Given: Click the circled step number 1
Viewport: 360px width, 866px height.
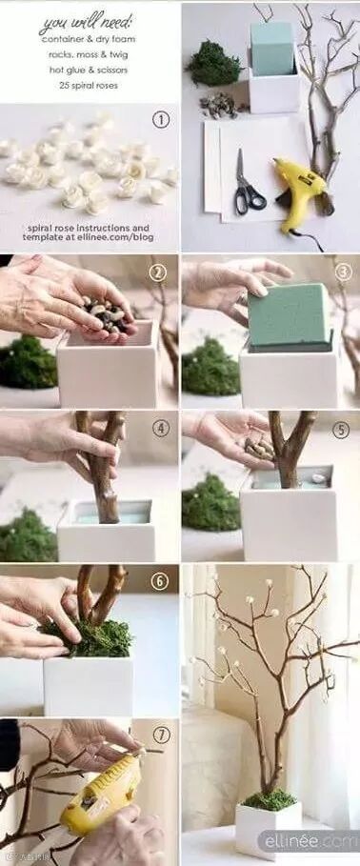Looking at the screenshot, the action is [161, 120].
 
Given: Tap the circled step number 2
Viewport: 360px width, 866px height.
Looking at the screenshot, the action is [158, 272].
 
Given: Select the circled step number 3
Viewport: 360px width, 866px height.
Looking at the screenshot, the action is [344, 272].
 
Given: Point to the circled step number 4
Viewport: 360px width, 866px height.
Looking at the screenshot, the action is [161, 429].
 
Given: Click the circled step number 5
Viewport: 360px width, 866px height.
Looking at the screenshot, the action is [341, 430].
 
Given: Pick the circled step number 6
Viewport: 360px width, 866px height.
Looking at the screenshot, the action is [160, 581].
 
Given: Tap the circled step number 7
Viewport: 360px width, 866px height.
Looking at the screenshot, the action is [162, 735].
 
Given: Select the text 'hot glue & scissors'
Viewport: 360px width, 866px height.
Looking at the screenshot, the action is [88, 70].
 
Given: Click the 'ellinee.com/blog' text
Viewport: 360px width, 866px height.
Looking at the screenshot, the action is [120, 237].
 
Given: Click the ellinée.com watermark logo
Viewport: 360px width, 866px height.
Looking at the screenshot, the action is [309, 841].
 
